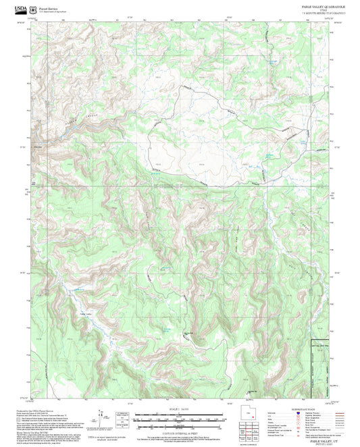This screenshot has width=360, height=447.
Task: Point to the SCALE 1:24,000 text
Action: click(180, 409)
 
